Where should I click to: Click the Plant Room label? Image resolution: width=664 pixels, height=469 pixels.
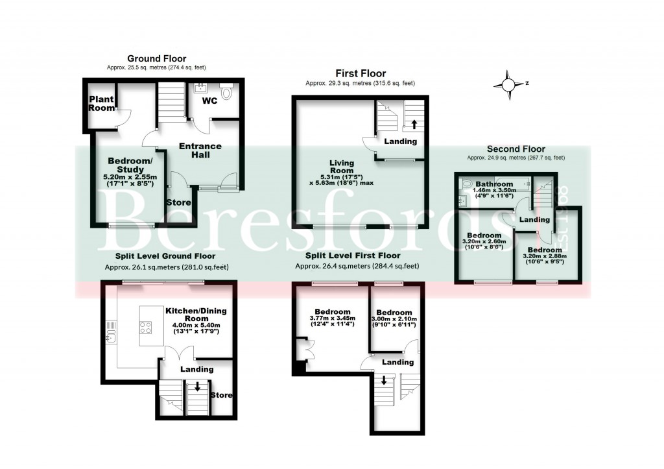point(101,104)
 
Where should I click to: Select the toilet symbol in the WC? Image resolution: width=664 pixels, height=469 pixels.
point(226,93)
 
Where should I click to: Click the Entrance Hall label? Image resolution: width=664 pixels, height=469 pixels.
point(200,150)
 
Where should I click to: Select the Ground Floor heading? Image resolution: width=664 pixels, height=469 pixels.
point(156,58)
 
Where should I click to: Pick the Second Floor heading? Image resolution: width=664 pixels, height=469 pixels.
point(516,149)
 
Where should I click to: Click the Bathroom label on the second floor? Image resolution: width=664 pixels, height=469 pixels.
point(494,184)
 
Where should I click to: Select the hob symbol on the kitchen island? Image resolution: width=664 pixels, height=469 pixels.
point(146,328)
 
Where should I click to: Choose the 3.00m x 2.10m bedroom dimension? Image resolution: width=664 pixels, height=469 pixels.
point(394,320)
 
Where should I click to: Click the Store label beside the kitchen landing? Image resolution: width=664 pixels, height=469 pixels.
point(222,395)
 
